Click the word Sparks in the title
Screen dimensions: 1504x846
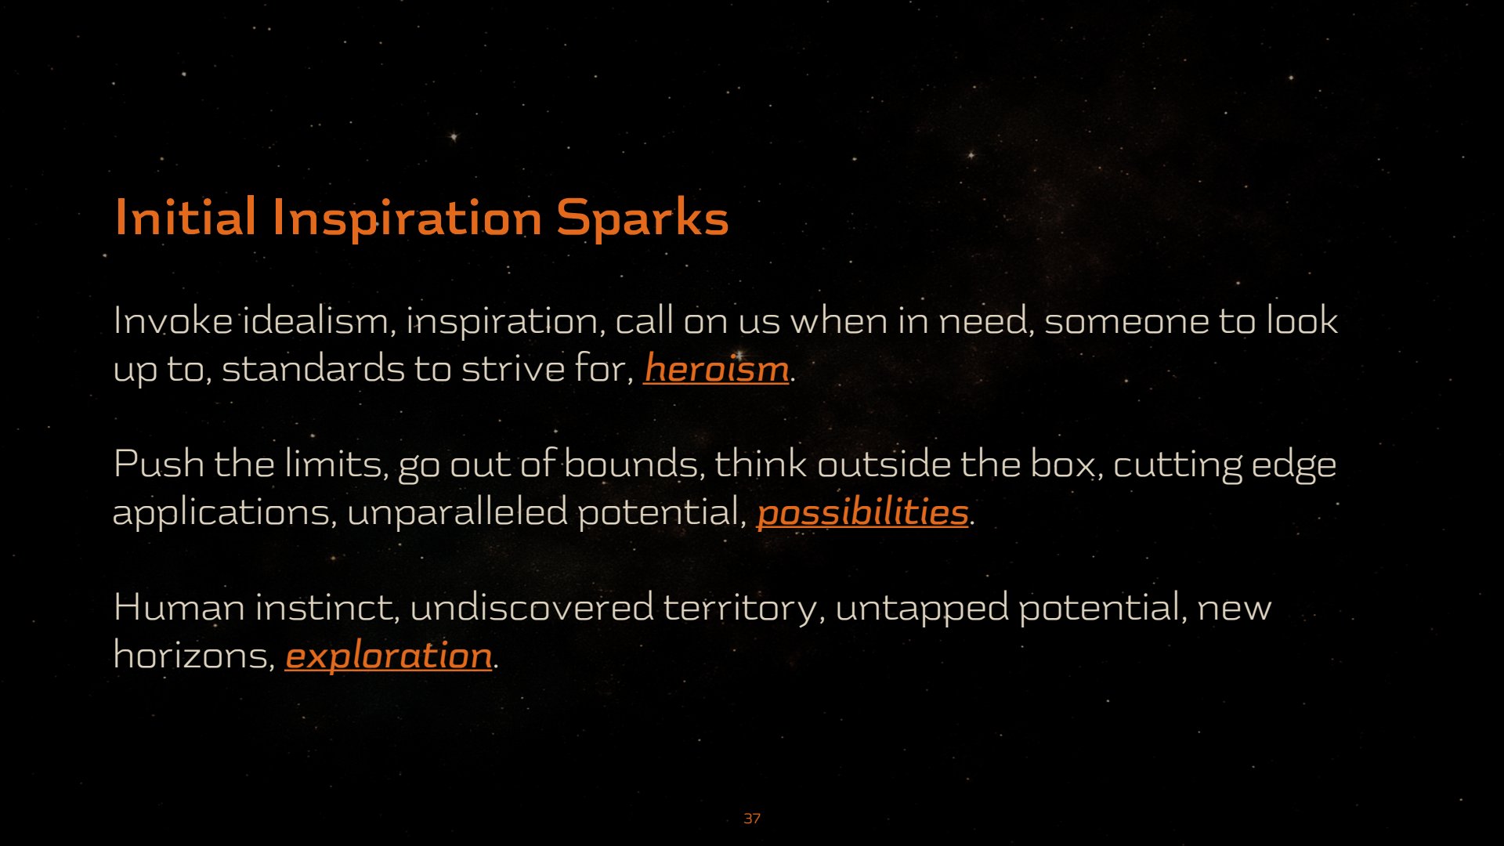coord(642,219)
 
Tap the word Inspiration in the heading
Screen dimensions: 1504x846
coord(407,219)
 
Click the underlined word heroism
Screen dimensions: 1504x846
coord(716,368)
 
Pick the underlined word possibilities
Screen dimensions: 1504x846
coord(862,513)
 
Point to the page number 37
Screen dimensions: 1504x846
coord(752,819)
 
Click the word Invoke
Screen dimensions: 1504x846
coord(172,320)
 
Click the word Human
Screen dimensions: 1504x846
coord(179,607)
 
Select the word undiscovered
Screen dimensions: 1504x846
coord(531,607)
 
